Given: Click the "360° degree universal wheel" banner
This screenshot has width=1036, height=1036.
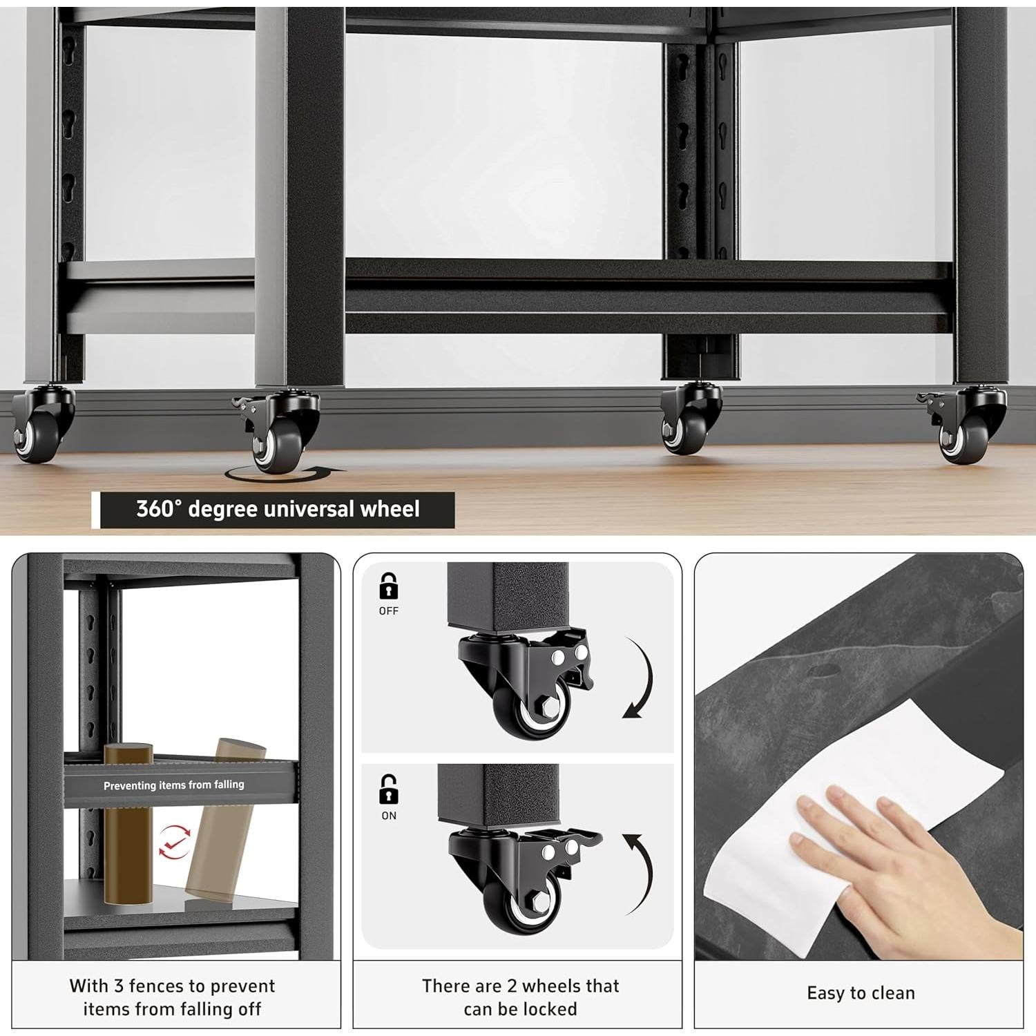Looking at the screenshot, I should coord(277,510).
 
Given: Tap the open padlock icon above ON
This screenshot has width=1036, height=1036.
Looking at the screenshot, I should coord(389,789).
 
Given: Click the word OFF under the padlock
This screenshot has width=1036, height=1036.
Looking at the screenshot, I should coord(389,611).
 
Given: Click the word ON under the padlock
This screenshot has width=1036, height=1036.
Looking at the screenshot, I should coord(389,816).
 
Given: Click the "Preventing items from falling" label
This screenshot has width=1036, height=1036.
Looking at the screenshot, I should coord(174,785).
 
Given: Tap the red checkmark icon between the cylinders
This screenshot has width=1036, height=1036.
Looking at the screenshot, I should coord(174,841).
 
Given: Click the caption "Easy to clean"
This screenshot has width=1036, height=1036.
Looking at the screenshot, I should coord(861,993).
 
